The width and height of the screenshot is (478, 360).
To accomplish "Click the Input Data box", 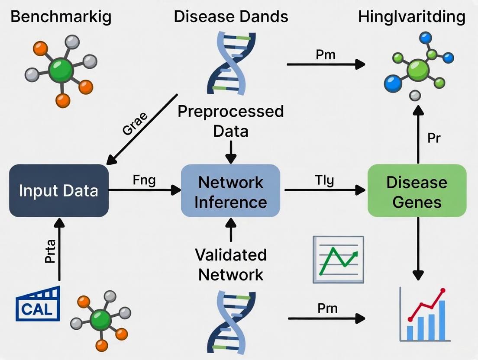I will pyautogui.click(x=58, y=190).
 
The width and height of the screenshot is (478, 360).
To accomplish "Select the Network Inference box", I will pyautogui.click(x=230, y=190).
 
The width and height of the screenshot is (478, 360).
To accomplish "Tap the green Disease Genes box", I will pyautogui.click(x=417, y=190).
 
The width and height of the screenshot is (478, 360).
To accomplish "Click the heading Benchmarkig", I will pyautogui.click(x=61, y=17).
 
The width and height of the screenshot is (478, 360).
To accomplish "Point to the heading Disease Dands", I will pyautogui.click(x=231, y=17).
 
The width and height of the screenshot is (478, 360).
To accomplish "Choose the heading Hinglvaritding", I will pyautogui.click(x=412, y=17).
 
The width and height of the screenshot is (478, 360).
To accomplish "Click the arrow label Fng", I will pyautogui.click(x=144, y=180).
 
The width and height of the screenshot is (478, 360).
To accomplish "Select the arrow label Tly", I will pyautogui.click(x=324, y=180).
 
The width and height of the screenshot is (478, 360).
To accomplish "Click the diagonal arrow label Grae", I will pyautogui.click(x=135, y=124).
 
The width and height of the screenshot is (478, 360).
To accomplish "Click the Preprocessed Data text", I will pyautogui.click(x=231, y=121).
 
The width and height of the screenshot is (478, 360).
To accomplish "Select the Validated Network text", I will pyautogui.click(x=230, y=264).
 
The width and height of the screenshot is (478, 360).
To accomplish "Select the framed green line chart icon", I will pyautogui.click(x=339, y=259).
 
